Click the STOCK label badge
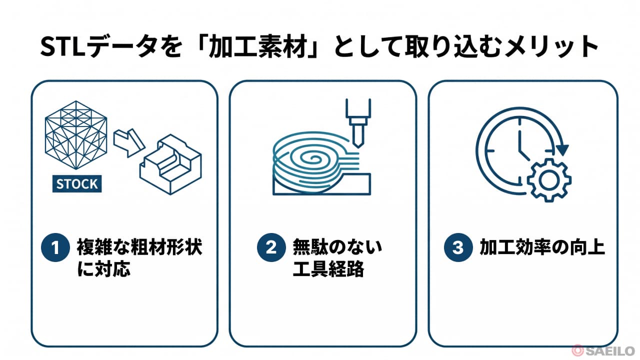(77, 183)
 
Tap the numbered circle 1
(55, 247)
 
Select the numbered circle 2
(271, 247)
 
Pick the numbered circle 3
(458, 247)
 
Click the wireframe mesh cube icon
(76, 135)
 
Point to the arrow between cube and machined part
(129, 142)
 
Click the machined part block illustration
(170, 164)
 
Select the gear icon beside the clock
(549, 180)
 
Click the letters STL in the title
(63, 46)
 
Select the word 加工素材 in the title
(258, 46)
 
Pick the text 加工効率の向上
(542, 247)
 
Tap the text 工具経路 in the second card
(328, 268)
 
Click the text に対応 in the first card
(103, 268)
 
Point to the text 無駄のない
(337, 247)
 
